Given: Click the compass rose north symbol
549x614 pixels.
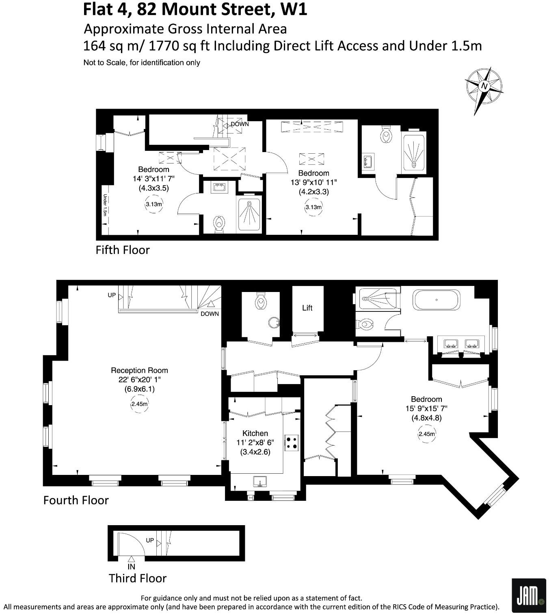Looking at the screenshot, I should point(484,86).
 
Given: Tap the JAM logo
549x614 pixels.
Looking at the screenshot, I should point(528,595).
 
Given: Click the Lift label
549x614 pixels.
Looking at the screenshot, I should point(307,308).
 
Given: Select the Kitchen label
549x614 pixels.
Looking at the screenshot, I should point(255,434).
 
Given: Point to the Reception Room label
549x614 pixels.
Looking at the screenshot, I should point(139,370).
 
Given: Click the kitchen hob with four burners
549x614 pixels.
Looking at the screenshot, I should point(292,442).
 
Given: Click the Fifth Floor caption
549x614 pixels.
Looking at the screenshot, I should point(123,250).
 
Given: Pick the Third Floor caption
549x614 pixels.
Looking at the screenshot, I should point(138,578).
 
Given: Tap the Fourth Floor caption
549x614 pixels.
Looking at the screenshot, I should point(76,500).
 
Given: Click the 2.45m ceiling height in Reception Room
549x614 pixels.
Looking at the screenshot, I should point(139,404).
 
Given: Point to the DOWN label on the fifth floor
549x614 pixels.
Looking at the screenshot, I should point(240,124).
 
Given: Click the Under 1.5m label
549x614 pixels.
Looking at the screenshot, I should point(105,205).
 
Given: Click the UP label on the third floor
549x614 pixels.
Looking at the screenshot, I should point(150,540).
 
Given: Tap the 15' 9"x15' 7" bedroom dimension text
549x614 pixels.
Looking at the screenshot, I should point(426,408).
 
